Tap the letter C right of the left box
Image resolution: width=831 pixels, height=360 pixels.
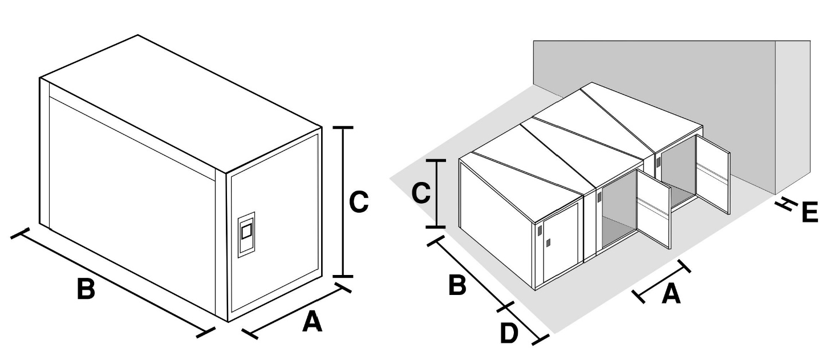(x=358, y=203)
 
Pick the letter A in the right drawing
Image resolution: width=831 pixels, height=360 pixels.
(x=671, y=294)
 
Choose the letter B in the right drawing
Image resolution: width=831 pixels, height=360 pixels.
(x=457, y=285)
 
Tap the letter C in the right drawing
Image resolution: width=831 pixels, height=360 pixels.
(x=421, y=194)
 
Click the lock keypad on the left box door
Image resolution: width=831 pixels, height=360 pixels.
(x=246, y=234)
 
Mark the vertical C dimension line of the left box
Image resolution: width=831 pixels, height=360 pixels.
(x=343, y=203)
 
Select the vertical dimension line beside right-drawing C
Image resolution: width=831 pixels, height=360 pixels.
(x=436, y=194)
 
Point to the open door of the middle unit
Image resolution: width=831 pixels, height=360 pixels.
(x=654, y=209)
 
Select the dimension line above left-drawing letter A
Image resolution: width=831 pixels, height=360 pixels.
(x=296, y=309)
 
